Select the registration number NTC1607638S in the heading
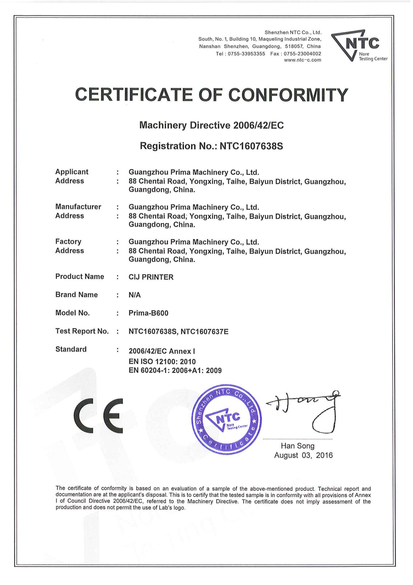pyautogui.click(x=251, y=146)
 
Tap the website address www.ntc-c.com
pyautogui.click(x=302, y=60)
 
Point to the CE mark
pyautogui.click(x=98, y=416)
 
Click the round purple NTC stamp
pyautogui.click(x=226, y=419)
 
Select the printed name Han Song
pyautogui.click(x=297, y=446)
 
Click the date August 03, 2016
pyautogui.click(x=303, y=455)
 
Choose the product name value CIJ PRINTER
pyautogui.click(x=151, y=277)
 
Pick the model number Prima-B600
pyautogui.click(x=148, y=313)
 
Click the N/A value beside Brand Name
pyautogui.click(x=135, y=295)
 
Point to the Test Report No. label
pyautogui.click(x=82, y=331)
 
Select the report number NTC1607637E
pyautogui.click(x=204, y=332)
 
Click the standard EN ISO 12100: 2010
pyautogui.click(x=162, y=362)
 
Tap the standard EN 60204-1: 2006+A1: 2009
pyautogui.click(x=175, y=371)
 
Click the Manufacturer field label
pyautogui.click(x=78, y=207)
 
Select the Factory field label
pyautogui.click(x=68, y=242)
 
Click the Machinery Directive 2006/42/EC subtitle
pyautogui.click(x=211, y=126)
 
